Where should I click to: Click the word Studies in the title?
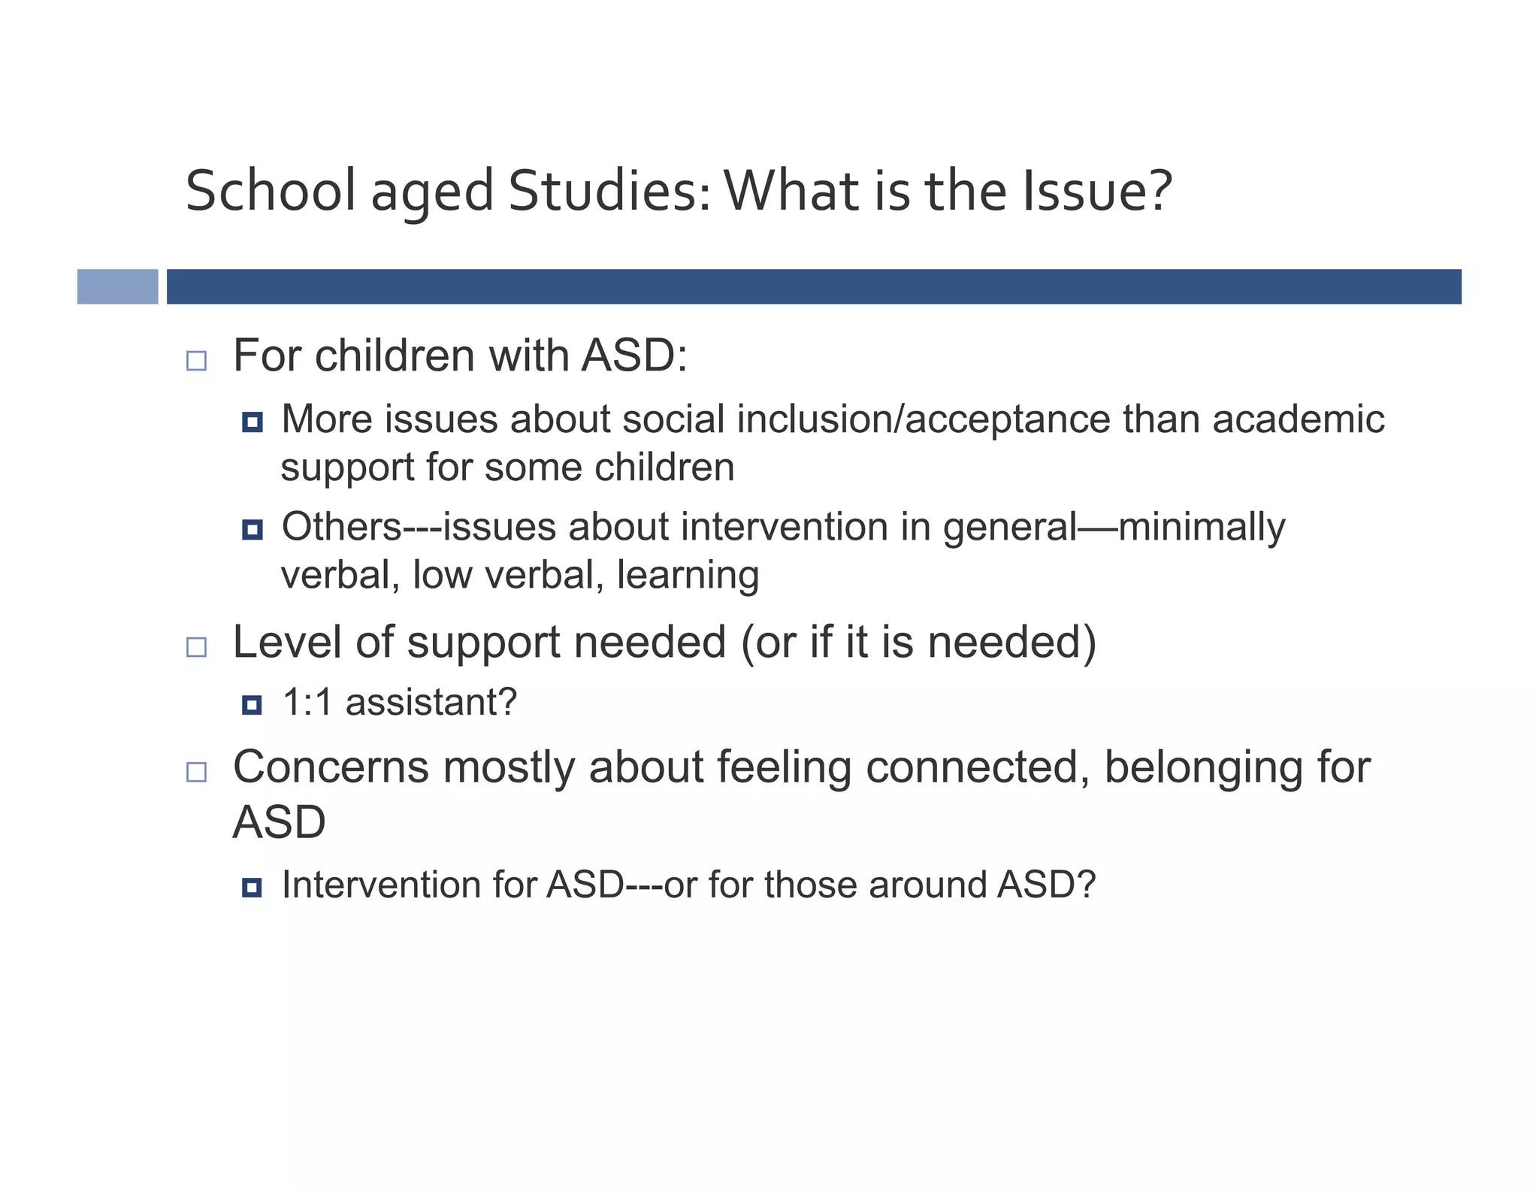tap(608, 191)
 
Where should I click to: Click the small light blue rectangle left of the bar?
tap(117, 286)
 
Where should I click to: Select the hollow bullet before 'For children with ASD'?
tap(196, 361)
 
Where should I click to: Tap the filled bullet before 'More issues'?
tap(252, 422)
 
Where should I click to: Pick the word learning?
tap(688, 576)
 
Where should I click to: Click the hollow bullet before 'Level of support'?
tap(196, 647)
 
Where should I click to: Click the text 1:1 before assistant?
tap(307, 702)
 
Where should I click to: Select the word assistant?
tap(431, 702)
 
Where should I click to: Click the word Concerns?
tap(330, 767)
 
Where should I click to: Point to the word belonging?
tap(1202, 767)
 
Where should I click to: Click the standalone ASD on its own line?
tap(279, 822)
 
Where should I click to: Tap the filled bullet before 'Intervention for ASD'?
tap(252, 888)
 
